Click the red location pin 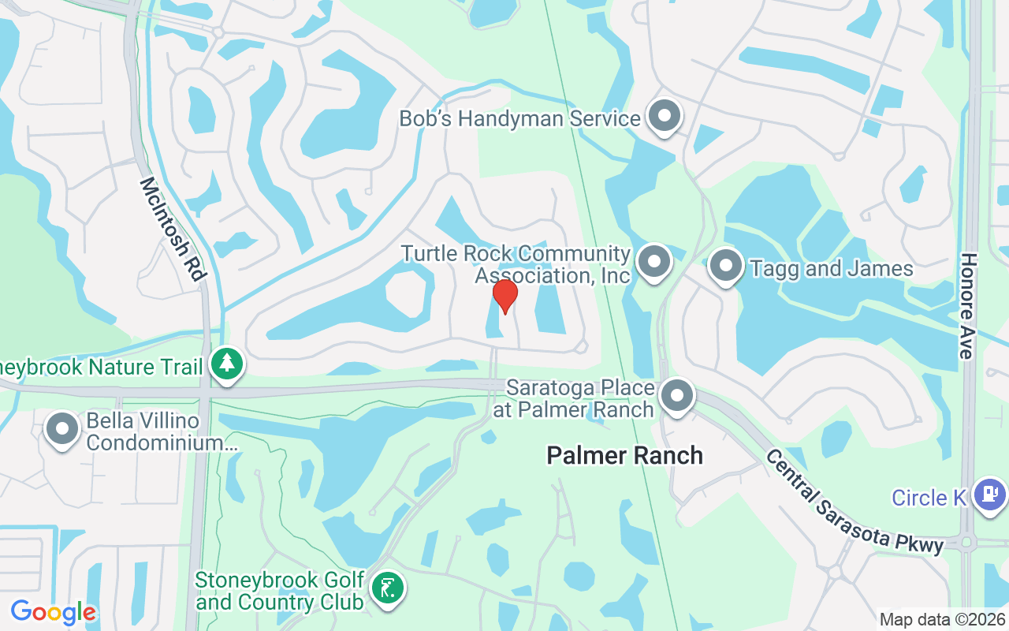point(504,296)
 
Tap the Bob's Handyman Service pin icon point(665,117)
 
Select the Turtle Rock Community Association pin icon point(653,262)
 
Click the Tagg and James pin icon point(726,267)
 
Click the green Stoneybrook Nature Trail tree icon point(228,364)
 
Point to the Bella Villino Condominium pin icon point(62,430)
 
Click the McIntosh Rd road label point(173,229)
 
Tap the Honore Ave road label point(968,306)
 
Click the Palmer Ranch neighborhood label point(624,455)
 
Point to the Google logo point(53,612)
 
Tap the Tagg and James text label point(832,269)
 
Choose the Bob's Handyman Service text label point(519,119)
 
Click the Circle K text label point(929,498)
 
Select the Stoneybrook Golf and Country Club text point(280,591)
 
